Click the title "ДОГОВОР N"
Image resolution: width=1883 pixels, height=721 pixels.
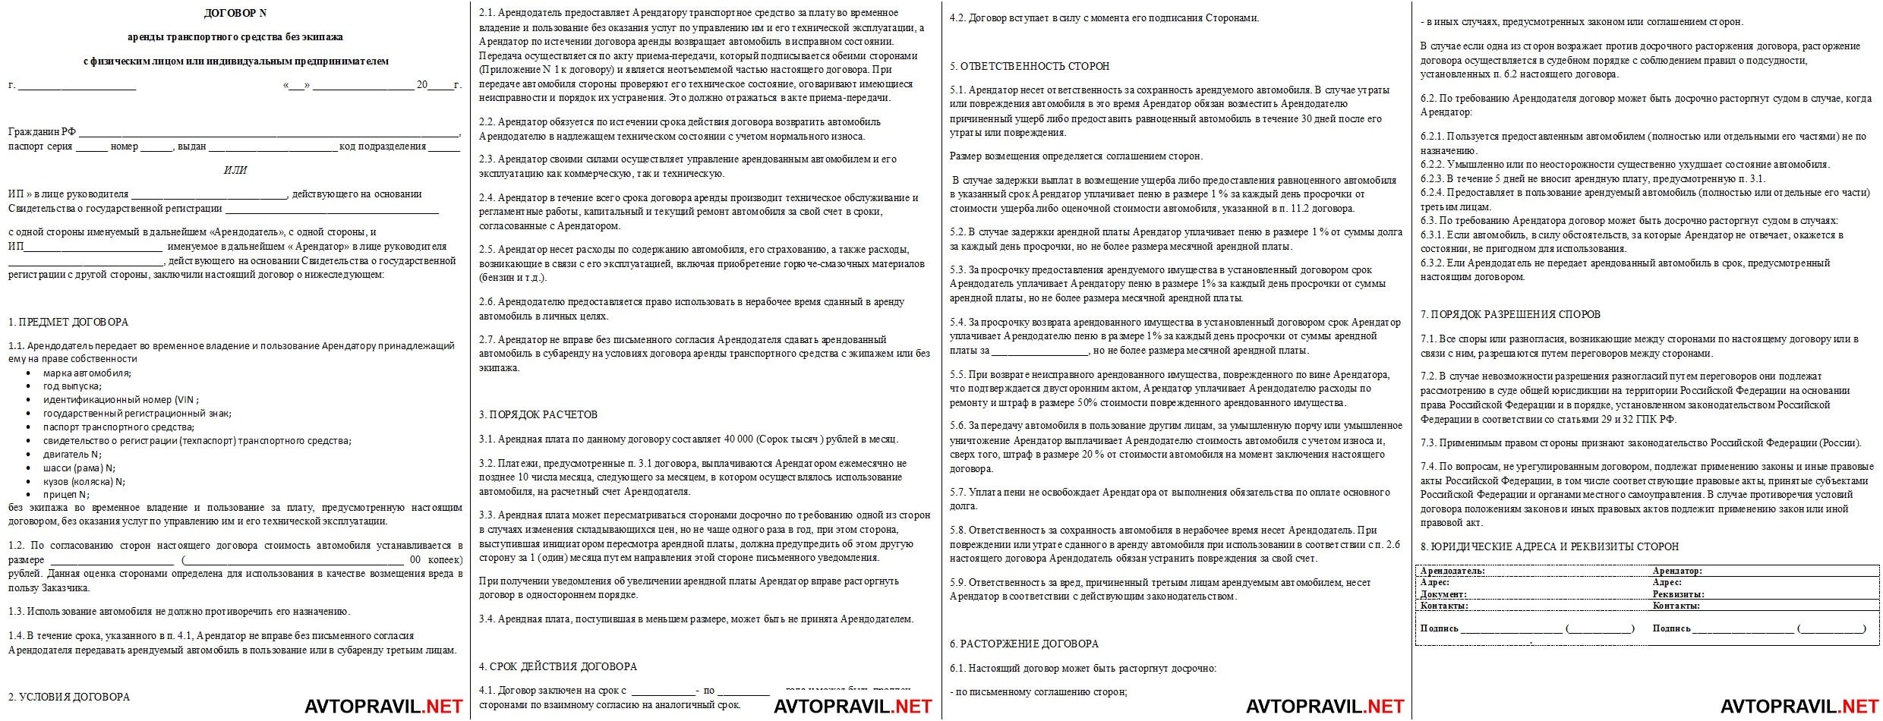[x=235, y=13]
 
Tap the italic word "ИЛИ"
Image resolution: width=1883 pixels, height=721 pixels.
[x=235, y=170]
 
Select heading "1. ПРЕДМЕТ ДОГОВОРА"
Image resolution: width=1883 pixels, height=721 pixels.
[x=68, y=322]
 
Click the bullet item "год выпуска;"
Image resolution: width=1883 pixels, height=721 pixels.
[x=72, y=386]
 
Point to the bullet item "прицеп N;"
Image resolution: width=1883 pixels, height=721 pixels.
[x=66, y=495]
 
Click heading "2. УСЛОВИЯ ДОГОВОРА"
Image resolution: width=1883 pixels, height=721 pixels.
[x=69, y=697]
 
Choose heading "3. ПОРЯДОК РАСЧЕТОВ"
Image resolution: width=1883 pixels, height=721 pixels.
[x=538, y=414]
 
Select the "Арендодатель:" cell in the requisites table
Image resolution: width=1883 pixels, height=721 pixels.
[x=1452, y=571]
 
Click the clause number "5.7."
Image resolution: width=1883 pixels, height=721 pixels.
[x=958, y=492]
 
